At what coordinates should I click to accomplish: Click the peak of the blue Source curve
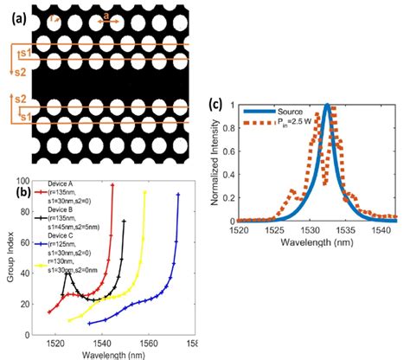(x=327, y=105)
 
